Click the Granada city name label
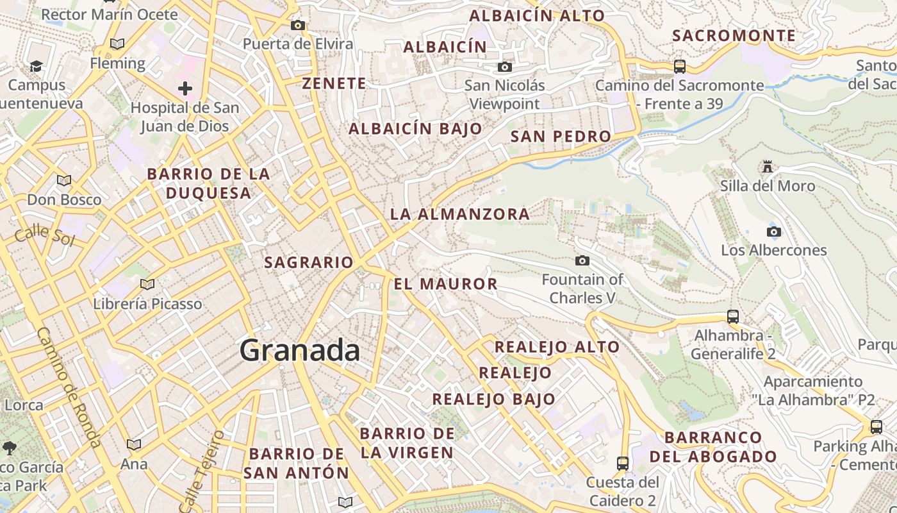[300, 351]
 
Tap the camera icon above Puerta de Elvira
[297, 26]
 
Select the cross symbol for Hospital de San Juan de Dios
[185, 88]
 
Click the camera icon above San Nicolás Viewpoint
[505, 67]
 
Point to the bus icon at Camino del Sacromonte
[679, 66]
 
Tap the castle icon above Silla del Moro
[767, 167]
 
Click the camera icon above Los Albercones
[773, 231]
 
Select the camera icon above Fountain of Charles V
[582, 260]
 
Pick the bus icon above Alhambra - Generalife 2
[733, 316]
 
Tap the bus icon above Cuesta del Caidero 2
[622, 463]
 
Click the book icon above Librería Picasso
[147, 284]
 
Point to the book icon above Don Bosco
[64, 180]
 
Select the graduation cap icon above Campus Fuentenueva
[36, 66]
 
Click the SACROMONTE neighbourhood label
[734, 36]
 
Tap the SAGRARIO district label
[309, 262]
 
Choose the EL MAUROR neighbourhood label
[446, 284]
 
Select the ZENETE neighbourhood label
[334, 83]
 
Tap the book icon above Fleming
[117, 44]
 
